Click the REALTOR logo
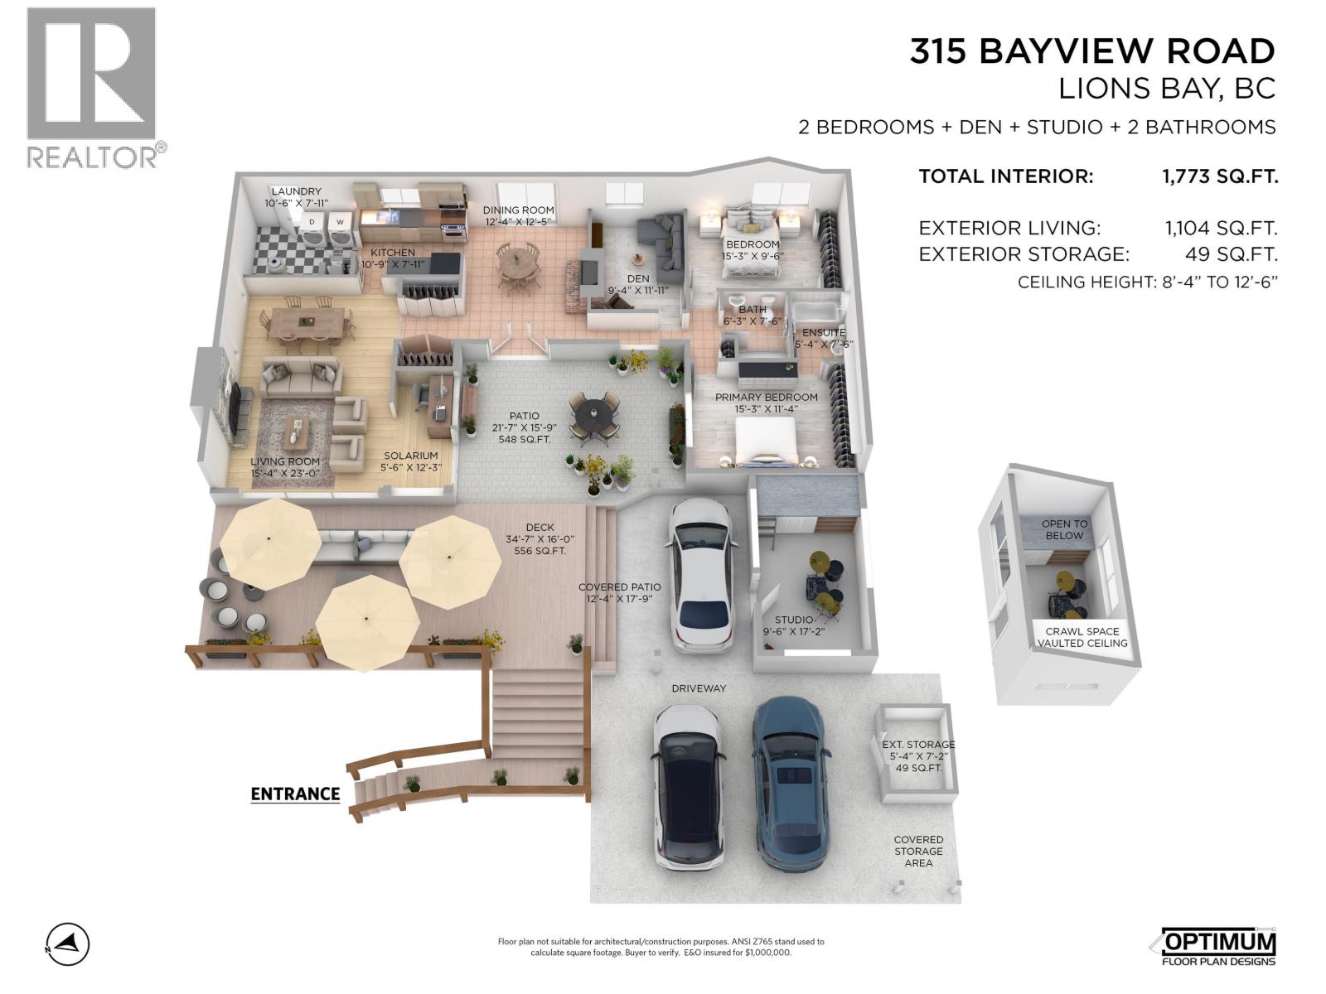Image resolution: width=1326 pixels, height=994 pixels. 91,87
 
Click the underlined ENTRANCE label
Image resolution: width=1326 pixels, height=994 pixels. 295,794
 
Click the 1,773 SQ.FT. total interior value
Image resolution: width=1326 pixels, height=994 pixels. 1219,176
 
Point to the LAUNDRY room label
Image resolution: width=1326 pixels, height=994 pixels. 296,191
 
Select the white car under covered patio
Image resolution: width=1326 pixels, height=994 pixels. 702,574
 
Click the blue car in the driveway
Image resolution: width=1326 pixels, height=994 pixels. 788,783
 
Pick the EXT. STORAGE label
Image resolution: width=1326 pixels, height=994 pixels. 918,745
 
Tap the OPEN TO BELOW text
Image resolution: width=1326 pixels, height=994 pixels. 1064,529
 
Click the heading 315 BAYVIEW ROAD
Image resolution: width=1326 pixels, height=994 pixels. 1091,51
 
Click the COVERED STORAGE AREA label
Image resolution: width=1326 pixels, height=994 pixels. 918,851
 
